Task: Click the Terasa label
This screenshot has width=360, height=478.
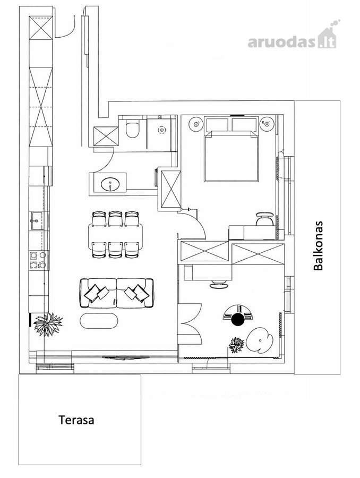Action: pos(76,420)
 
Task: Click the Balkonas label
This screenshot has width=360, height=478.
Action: pos(318,246)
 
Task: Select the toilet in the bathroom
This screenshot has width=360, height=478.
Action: pos(133,129)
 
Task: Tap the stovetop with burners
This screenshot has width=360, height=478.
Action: pos(38,260)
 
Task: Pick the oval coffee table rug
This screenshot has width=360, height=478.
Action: pos(99,321)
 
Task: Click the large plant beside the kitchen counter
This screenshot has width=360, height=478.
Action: pos(48,324)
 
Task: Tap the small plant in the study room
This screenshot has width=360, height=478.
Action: pos(236,345)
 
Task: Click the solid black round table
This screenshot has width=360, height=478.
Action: pos(238,320)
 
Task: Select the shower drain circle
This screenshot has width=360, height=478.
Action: pos(161,130)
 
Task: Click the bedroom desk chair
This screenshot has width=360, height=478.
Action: pos(264,219)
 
